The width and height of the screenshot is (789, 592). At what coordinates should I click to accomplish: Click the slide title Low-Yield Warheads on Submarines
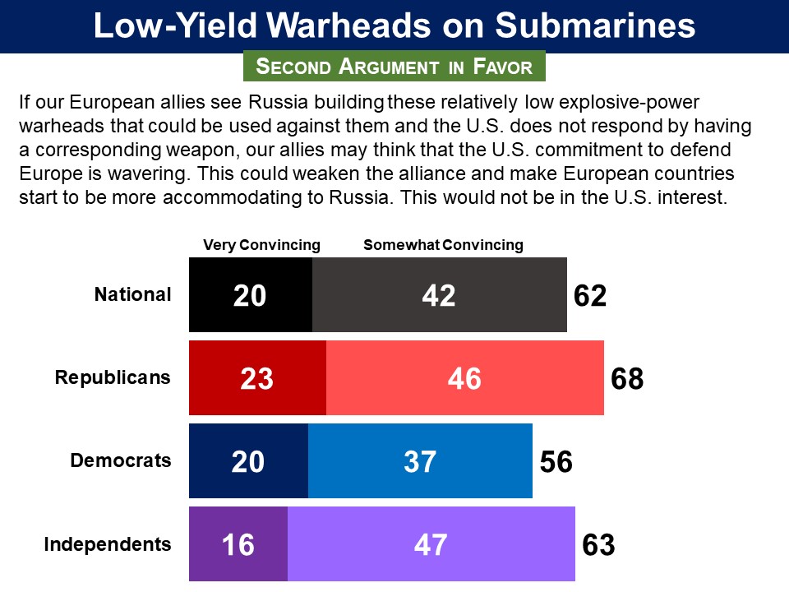[x=394, y=26]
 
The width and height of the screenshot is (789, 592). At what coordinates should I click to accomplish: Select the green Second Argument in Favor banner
[x=394, y=67]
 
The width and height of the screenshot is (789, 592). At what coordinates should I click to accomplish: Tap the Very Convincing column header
[x=261, y=245]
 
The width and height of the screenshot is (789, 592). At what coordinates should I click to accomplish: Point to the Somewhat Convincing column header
[x=443, y=245]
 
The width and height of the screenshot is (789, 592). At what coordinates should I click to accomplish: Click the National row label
[x=133, y=294]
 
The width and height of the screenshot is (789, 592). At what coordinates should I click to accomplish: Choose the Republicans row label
[x=113, y=377]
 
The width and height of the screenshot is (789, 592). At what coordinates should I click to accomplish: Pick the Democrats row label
[x=121, y=460]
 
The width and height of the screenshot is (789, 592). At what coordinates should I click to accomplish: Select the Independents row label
[x=108, y=543]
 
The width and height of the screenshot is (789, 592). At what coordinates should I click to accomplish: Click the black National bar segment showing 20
[x=251, y=295]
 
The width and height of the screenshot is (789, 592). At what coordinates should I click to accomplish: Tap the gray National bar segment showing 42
[x=440, y=295]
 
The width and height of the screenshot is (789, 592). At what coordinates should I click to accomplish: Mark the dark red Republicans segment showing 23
[x=257, y=378]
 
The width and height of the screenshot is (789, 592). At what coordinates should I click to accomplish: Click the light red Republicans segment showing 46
[x=465, y=378]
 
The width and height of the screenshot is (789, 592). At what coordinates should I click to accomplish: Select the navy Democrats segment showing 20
[x=248, y=461]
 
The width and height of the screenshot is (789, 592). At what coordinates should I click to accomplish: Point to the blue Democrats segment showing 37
[x=420, y=461]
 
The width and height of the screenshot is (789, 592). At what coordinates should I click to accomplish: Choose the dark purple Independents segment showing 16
[x=238, y=544]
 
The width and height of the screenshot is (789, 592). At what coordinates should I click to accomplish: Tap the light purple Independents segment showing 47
[x=431, y=544]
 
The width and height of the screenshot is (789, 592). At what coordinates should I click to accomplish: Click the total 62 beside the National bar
[x=590, y=296]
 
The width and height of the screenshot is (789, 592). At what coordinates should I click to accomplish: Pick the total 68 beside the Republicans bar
[x=627, y=379]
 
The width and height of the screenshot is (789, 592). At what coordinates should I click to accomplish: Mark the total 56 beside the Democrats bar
[x=556, y=462]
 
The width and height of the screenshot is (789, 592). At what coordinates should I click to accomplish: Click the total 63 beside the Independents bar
[x=598, y=545]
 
